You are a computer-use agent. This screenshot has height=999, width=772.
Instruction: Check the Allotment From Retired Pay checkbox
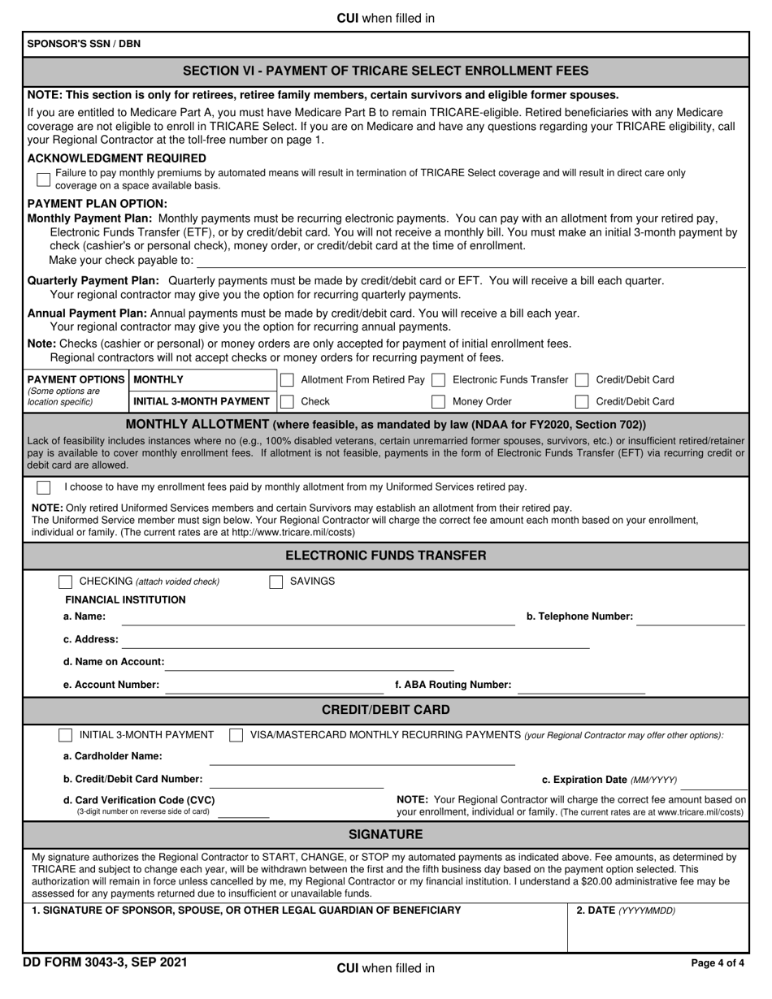click(x=287, y=380)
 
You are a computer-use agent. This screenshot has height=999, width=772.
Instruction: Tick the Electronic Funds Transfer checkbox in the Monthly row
click(x=438, y=380)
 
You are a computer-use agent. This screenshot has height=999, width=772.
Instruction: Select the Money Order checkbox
click(x=438, y=401)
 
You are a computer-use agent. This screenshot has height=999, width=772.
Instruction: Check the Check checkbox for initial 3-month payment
click(x=287, y=401)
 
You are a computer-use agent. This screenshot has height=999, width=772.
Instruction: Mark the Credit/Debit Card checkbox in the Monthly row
click(x=582, y=380)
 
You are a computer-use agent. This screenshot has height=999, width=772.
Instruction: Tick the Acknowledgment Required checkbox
click(x=43, y=179)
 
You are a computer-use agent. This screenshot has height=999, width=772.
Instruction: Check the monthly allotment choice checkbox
click(x=44, y=487)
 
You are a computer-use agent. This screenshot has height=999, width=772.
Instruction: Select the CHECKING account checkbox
click(x=66, y=582)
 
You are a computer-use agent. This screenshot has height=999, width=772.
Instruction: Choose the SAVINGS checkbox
click(x=276, y=582)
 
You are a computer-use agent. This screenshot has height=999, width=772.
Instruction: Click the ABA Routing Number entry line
click(x=581, y=687)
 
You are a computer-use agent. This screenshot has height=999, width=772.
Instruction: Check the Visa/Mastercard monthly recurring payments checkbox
click(x=236, y=735)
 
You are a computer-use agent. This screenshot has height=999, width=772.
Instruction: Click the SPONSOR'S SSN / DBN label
click(x=84, y=44)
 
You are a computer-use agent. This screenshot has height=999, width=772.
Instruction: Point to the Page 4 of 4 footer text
click(x=717, y=963)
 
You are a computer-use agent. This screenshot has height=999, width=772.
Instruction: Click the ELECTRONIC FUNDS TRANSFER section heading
click(x=386, y=556)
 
